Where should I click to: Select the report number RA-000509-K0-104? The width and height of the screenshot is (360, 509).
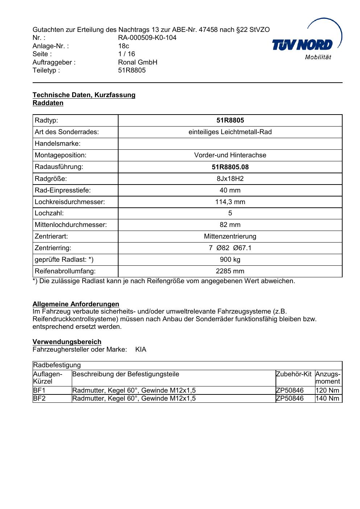pos(147,38)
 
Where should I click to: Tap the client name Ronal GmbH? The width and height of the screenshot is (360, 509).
pos(138,62)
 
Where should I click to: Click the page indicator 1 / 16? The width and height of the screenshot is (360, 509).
pos(127,54)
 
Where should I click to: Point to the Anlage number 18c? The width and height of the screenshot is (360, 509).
pos(124,46)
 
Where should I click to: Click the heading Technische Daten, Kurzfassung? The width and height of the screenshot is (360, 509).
pos(84,95)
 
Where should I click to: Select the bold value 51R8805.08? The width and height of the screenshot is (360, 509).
pos(230,167)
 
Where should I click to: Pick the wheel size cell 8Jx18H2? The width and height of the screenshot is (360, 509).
pos(230,179)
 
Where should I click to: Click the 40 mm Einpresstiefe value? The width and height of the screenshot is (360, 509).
pos(230,190)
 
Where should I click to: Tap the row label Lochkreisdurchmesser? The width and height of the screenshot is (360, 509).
pos(70,202)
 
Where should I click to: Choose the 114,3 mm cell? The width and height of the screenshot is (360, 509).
pos(230,202)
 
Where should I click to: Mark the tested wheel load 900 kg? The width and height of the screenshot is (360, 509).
pos(230,260)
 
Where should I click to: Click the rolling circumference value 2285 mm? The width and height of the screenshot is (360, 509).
pos(230,271)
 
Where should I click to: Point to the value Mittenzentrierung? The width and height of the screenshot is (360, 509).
pos(230,236)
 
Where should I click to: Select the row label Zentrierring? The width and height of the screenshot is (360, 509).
pos(53,248)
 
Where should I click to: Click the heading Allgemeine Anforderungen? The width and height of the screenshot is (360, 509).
pos(76,304)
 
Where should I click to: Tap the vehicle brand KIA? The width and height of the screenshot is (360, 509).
pos(141,350)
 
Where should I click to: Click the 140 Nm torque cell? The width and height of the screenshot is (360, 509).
pos(327,398)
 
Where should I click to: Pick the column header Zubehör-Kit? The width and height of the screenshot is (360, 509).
pos(294,374)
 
